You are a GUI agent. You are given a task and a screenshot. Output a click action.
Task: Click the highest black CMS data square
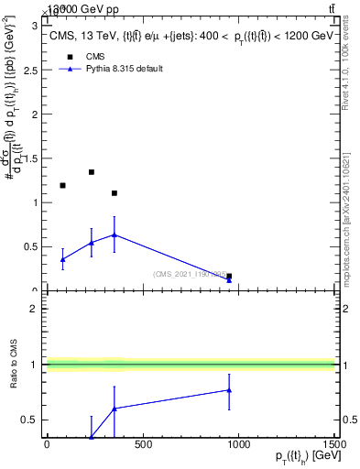tap(92, 171)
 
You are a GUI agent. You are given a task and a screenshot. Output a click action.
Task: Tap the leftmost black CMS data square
tap(62, 185)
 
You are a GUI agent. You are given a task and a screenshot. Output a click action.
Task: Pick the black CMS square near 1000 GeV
tap(229, 276)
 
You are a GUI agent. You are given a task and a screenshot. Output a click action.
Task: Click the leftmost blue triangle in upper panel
tap(62, 259)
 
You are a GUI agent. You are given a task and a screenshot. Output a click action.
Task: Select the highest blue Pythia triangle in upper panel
tap(115, 234)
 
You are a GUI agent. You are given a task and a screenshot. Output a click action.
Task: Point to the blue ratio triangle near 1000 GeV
tap(229, 390)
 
